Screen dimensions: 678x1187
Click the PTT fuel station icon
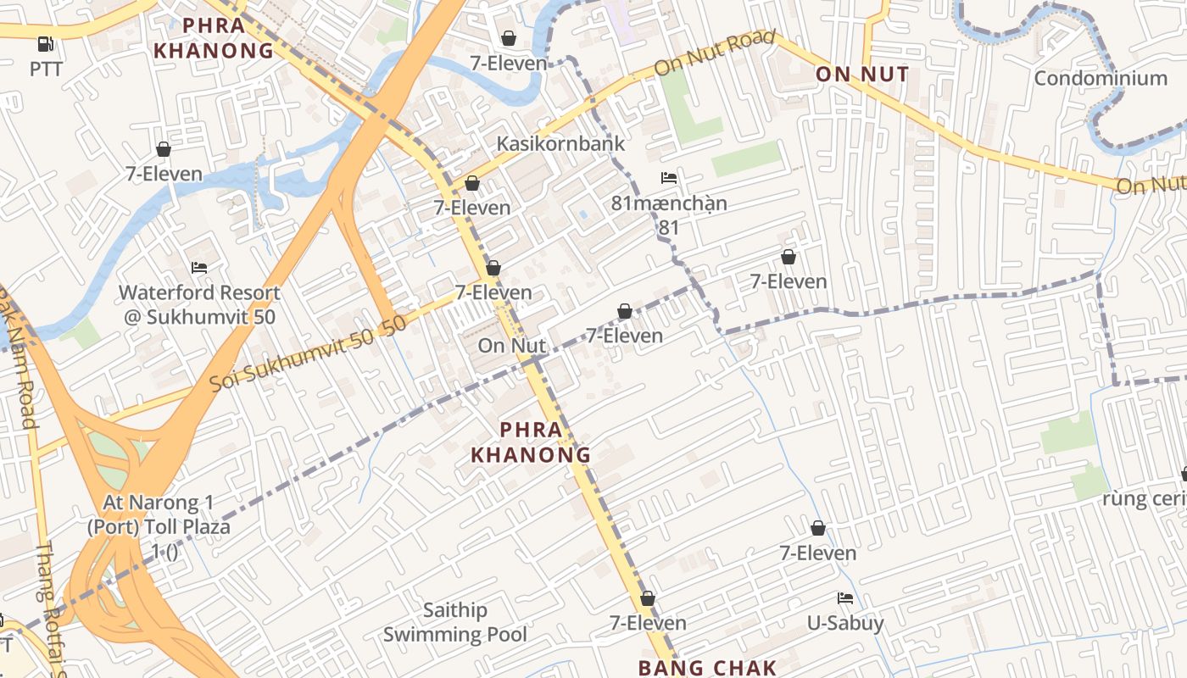click(x=46, y=44)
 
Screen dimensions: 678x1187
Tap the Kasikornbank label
click(x=560, y=143)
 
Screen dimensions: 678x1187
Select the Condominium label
click(x=1101, y=78)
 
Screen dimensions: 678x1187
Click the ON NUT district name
click(x=862, y=75)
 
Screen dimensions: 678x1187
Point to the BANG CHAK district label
click(x=707, y=667)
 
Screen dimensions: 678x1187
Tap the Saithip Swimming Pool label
click(x=455, y=622)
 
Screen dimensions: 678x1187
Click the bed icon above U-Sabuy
click(x=845, y=598)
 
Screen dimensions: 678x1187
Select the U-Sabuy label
click(x=845, y=624)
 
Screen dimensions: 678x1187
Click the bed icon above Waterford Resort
click(x=199, y=268)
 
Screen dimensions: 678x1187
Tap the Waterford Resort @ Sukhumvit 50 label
click(x=199, y=305)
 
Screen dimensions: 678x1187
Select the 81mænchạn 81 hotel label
click(x=669, y=215)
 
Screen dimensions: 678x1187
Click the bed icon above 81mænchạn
click(x=669, y=178)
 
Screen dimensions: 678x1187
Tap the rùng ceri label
click(x=1144, y=498)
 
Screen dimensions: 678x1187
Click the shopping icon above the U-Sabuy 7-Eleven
click(x=818, y=529)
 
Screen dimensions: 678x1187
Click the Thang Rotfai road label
click(x=51, y=610)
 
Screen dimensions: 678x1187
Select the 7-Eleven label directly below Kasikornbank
click(x=472, y=208)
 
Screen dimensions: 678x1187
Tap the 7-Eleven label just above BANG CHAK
click(x=648, y=623)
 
